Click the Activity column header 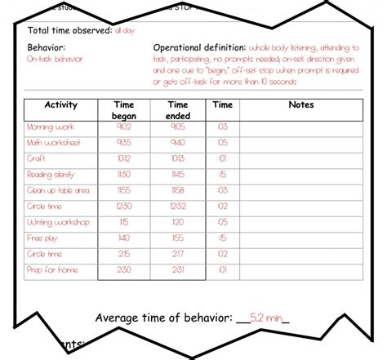60,105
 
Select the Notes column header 300,105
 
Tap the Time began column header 124,110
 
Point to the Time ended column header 177,110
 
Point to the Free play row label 43,238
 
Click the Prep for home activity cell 51,269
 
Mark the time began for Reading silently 124,176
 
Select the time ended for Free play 177,238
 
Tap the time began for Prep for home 124,269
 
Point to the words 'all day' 126,30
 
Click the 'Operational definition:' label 201,47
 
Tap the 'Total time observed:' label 69,30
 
